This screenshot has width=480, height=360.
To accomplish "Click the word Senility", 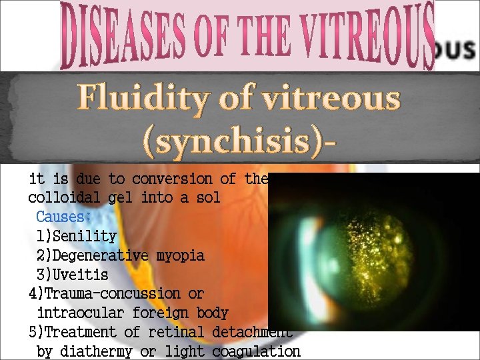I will click(x=84, y=237).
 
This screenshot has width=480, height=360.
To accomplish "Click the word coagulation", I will click(x=257, y=351).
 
